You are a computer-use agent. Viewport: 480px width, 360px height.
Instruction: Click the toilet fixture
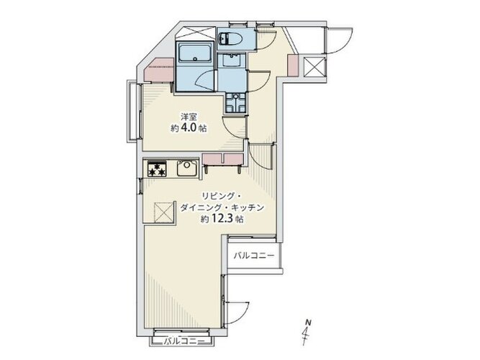pos(230,38)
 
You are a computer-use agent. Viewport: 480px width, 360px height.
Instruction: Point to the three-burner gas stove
pos(157,168)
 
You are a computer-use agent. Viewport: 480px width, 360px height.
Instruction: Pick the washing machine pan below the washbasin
pos(236,103)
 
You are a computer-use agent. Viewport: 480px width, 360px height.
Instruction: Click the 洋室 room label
pos(189,117)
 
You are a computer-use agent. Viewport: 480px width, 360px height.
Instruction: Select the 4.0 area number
pos(189,127)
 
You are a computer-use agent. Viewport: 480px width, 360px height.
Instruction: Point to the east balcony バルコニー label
pos(254,256)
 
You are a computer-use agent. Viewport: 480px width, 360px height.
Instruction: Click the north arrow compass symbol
pos(307,332)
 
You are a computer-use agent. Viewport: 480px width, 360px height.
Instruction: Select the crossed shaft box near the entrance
pos(314,68)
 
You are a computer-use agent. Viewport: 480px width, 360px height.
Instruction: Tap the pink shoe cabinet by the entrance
pos(292,66)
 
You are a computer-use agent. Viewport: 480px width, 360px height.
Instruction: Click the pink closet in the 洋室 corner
pos(159,70)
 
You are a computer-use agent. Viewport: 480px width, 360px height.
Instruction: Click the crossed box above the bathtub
pos(195,33)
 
